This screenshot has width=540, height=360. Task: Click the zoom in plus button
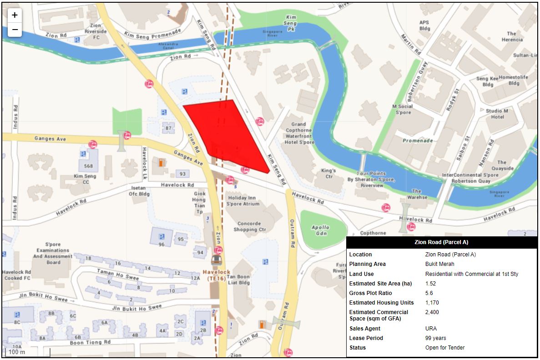(15, 15)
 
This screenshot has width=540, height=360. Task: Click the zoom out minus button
(15, 30)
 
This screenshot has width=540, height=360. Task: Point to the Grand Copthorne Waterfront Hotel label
(299, 133)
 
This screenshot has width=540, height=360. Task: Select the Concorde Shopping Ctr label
(249, 227)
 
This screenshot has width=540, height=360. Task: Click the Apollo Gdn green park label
(320, 230)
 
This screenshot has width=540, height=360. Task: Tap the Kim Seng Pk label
(290, 23)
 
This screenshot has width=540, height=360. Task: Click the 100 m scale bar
(27, 352)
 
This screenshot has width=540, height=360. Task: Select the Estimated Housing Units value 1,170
(432, 303)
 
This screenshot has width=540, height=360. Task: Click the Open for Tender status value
(444, 348)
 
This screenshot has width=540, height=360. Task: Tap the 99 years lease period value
(435, 338)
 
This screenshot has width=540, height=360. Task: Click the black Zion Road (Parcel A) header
(441, 242)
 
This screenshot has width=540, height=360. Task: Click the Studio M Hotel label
(497, 114)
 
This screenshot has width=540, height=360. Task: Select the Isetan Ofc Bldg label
(140, 191)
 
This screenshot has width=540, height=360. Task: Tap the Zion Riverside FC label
(96, 31)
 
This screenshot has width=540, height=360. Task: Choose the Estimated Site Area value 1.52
(430, 284)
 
